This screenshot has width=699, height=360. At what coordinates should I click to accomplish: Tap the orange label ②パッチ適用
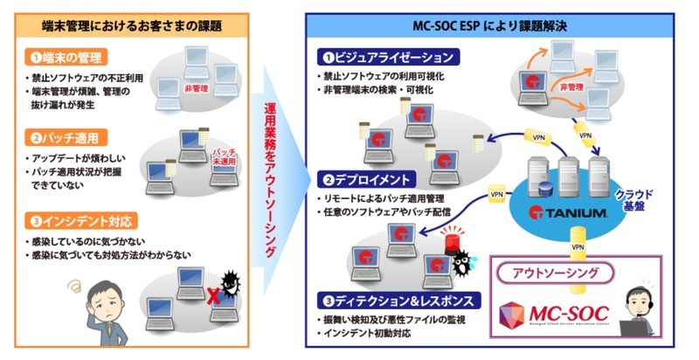(x=66, y=137)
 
